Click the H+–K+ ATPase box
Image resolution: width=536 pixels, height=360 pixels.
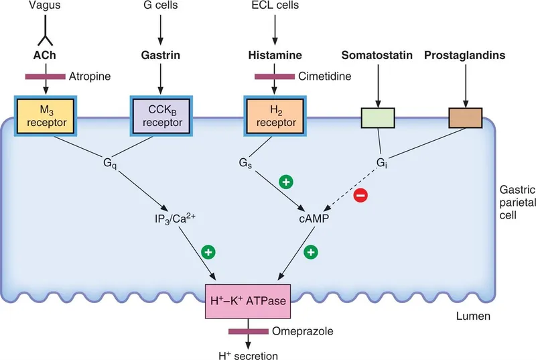pyautogui.click(x=249, y=300)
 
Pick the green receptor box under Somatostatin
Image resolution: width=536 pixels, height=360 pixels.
pyautogui.click(x=379, y=117)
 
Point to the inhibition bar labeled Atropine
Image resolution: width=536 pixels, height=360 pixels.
pyautogui.click(x=44, y=77)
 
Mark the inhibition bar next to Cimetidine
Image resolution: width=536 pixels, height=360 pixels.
pyautogui.click(x=274, y=77)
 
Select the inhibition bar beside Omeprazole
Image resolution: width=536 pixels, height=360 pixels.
pyautogui.click(x=249, y=331)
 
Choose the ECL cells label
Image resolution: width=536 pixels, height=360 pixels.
pyautogui.click(x=274, y=7)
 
